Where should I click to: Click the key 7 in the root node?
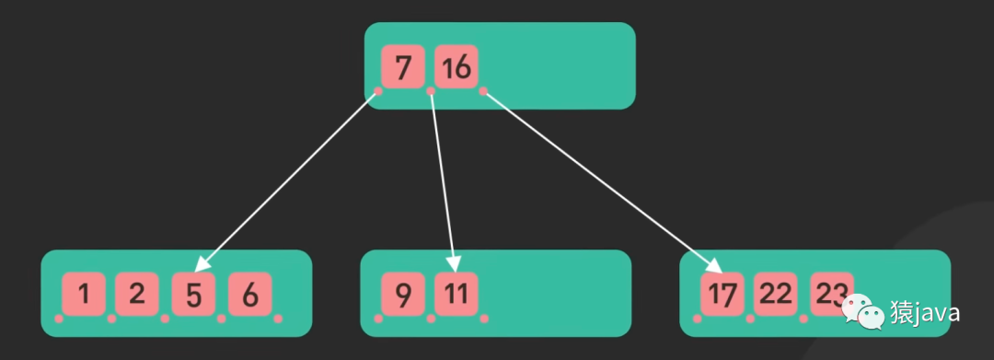[402, 67]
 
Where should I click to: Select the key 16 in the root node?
[457, 67]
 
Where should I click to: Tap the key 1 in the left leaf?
[84, 294]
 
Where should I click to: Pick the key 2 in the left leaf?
[137, 294]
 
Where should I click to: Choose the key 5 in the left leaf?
[193, 294]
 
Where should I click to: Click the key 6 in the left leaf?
[249, 294]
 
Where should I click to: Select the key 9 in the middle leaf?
[402, 294]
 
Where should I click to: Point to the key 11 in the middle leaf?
[457, 294]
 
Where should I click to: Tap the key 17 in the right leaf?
[722, 294]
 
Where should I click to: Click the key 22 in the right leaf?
[776, 294]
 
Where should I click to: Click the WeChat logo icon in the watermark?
[862, 312]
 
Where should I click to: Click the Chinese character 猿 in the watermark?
[898, 313]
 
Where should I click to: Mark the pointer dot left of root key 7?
[378, 91]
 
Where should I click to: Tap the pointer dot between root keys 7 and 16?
[431, 91]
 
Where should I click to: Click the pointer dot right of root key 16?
[483, 91]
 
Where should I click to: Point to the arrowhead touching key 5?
[202, 264]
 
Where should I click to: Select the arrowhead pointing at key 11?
[454, 264]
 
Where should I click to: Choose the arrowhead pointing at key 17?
[714, 265]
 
